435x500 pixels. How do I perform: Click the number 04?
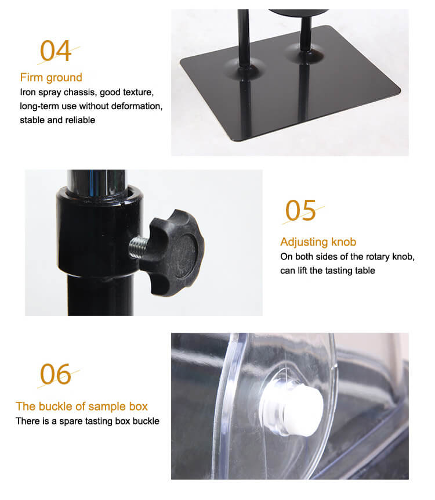56,51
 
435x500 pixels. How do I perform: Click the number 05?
300,210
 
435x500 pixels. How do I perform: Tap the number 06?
56,374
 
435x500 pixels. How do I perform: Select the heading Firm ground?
51,77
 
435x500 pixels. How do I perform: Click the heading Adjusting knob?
318,242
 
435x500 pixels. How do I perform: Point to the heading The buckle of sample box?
82,407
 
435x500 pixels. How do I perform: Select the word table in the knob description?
366,271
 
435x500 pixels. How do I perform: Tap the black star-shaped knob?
173,252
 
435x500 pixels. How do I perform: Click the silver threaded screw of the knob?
138,247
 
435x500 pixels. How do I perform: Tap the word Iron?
27,92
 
